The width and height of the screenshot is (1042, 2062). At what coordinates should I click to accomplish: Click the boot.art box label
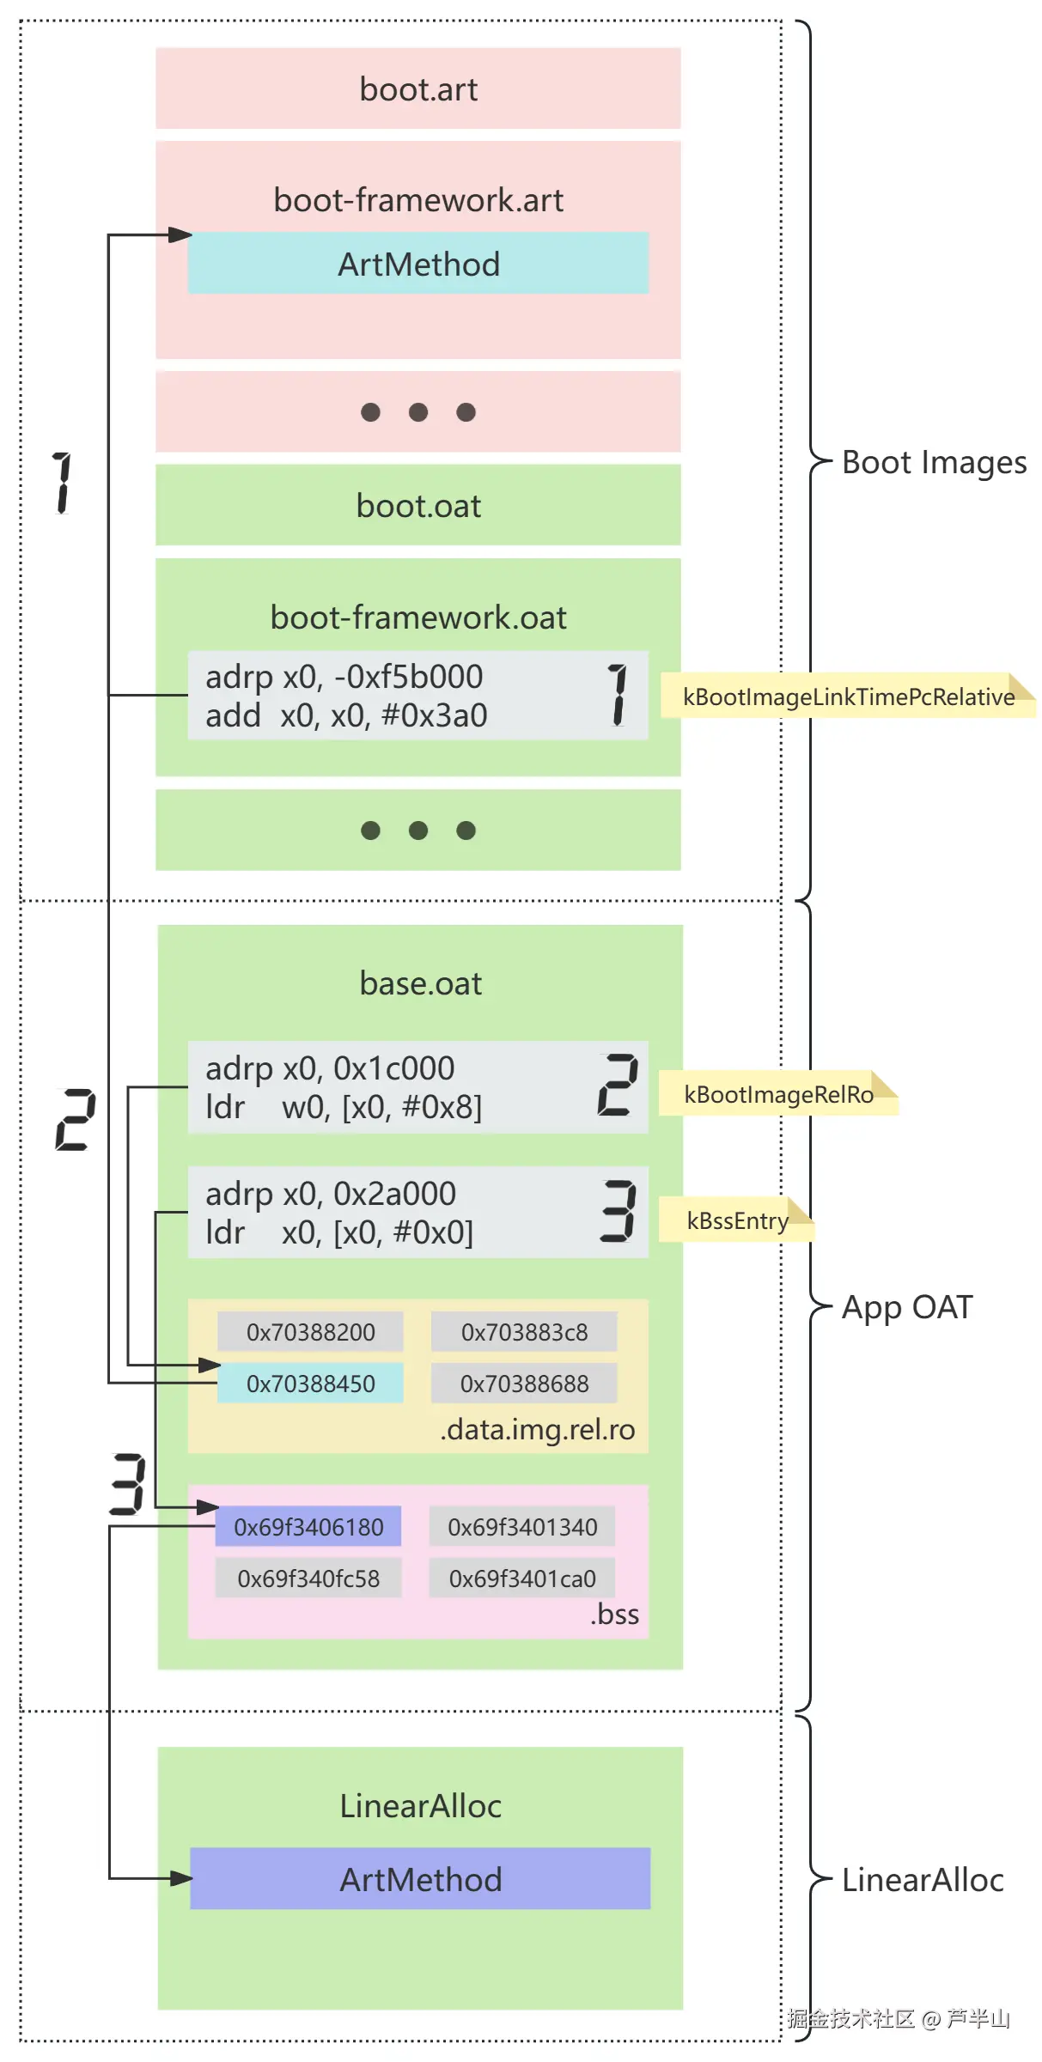click(418, 89)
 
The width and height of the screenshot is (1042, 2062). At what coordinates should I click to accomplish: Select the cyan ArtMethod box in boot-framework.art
click(418, 263)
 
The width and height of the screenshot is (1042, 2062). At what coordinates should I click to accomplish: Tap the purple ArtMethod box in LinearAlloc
click(420, 1878)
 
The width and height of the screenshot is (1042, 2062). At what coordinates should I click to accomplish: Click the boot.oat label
click(418, 506)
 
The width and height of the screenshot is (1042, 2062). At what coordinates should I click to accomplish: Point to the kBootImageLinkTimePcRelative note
click(848, 696)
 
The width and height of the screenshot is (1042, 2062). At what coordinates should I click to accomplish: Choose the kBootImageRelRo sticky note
click(778, 1093)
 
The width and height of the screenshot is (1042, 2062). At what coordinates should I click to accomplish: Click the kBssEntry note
click(736, 1220)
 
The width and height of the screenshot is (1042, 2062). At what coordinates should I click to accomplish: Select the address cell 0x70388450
click(310, 1383)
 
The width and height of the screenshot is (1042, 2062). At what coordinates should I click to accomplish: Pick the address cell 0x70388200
click(310, 1331)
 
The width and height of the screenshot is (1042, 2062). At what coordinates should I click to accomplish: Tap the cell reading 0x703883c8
click(524, 1331)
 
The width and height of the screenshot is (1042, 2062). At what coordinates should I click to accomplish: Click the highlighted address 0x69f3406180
click(308, 1526)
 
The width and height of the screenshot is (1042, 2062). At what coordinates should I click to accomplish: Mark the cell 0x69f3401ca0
click(522, 1578)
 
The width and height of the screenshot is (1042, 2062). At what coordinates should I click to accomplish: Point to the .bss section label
click(615, 1614)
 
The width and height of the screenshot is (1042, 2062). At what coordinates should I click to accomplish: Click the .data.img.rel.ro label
click(538, 1429)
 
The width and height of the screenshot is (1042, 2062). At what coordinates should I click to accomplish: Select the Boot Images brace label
click(934, 462)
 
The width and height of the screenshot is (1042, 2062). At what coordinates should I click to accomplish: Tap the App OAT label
click(907, 1306)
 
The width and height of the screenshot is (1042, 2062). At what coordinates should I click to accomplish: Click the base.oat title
click(420, 983)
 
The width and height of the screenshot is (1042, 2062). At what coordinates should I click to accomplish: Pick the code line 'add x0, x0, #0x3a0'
click(346, 715)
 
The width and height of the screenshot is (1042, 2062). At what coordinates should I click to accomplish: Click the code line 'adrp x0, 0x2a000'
click(331, 1193)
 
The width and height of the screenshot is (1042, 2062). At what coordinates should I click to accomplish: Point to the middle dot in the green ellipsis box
click(418, 830)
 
